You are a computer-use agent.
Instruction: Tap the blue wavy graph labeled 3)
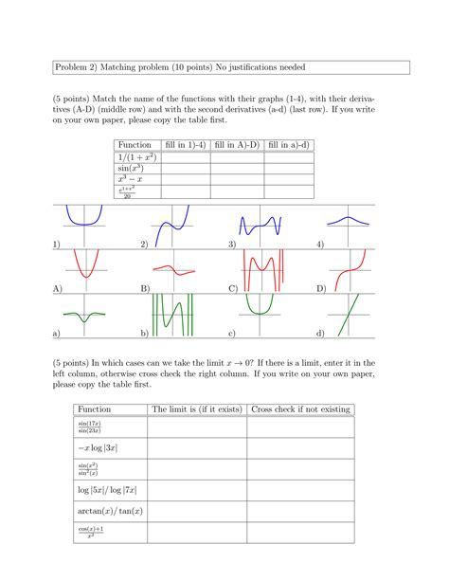[260, 227]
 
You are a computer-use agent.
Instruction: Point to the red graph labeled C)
[260, 269]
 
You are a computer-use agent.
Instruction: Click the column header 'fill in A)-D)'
[237, 144]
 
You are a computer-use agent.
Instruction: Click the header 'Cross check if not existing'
[300, 409]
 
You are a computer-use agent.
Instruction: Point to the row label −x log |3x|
[99, 447]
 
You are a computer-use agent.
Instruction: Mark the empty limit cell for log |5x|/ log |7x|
[194, 490]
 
